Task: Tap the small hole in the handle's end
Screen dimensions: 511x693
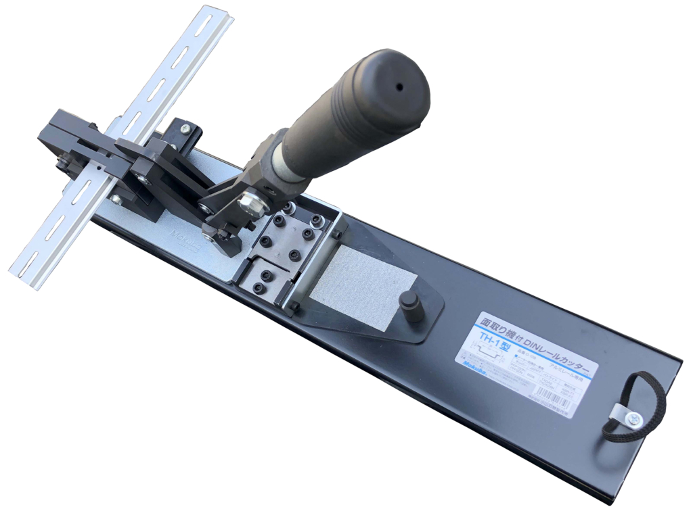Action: (x=399, y=87)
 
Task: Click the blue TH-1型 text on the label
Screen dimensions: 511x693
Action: (x=495, y=337)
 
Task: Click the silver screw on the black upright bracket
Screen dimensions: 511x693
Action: (x=185, y=128)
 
